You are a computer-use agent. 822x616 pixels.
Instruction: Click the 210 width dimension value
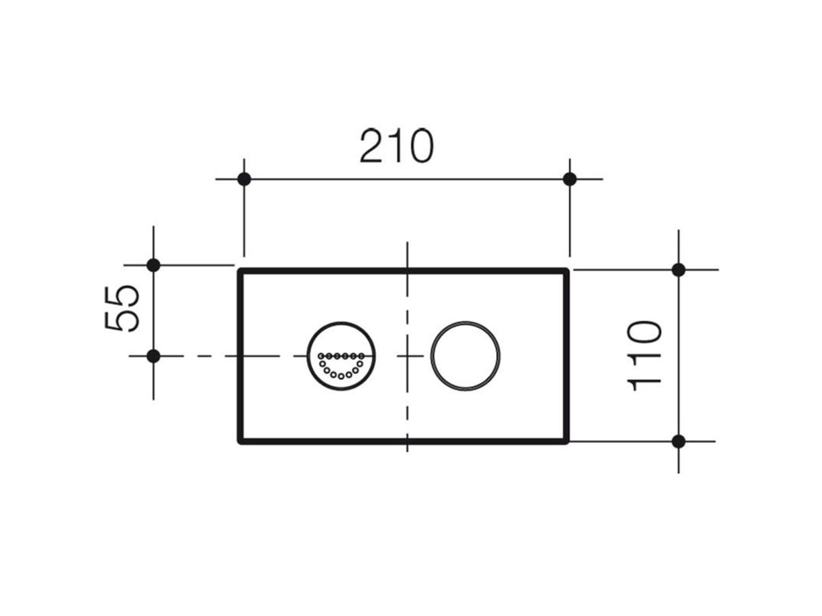tap(397, 146)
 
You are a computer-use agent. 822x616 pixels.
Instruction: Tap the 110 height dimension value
tap(645, 356)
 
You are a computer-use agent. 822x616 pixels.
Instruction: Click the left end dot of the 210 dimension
tap(244, 179)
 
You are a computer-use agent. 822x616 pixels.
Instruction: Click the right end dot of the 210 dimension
tap(570, 179)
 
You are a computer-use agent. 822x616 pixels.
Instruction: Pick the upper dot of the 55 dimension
tap(153, 265)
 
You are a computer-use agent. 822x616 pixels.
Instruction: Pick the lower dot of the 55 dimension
tap(153, 356)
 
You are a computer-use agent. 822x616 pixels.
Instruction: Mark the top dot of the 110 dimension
tap(678, 270)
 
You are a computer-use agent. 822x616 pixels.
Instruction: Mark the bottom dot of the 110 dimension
tap(678, 441)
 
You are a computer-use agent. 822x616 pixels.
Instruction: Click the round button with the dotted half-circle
tap(341, 356)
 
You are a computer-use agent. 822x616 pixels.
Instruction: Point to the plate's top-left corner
tap(240, 271)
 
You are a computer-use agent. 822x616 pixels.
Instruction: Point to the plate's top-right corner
tap(566, 271)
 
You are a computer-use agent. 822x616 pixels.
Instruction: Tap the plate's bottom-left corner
tap(240, 441)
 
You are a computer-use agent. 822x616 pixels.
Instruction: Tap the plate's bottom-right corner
tap(566, 441)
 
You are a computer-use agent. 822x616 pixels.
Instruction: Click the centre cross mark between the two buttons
tap(408, 356)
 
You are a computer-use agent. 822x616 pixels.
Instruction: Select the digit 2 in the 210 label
tap(373, 146)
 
